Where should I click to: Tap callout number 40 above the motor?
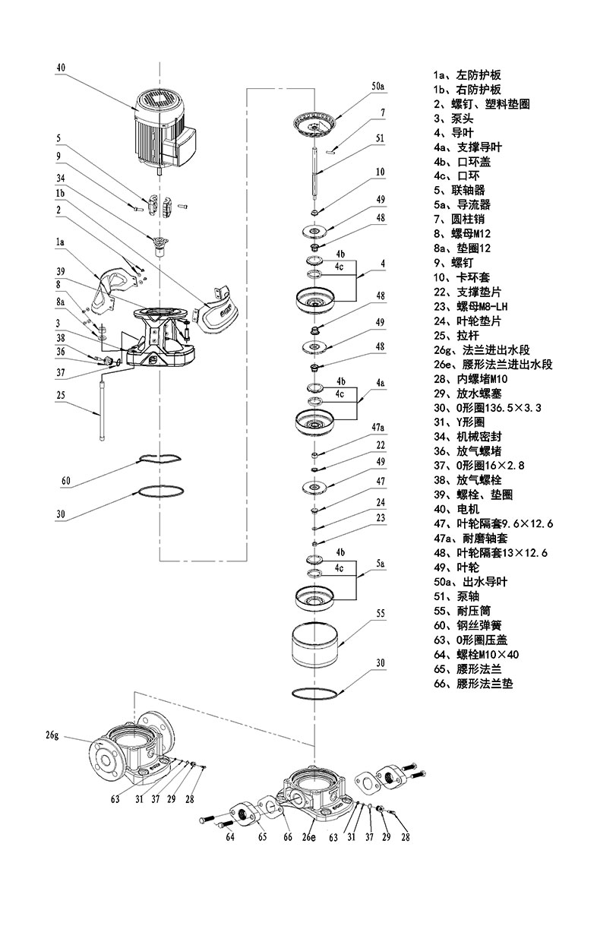(x=61, y=68)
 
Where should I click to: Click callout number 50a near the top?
(x=378, y=87)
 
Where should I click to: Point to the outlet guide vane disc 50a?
(x=316, y=125)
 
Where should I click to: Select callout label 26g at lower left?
(x=52, y=735)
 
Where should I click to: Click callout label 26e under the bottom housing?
(x=308, y=837)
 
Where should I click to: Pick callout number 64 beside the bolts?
(x=230, y=837)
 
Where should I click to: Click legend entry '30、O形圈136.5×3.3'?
(x=487, y=408)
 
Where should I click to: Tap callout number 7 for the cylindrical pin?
(x=383, y=112)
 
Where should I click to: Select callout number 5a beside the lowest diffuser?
(x=381, y=564)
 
